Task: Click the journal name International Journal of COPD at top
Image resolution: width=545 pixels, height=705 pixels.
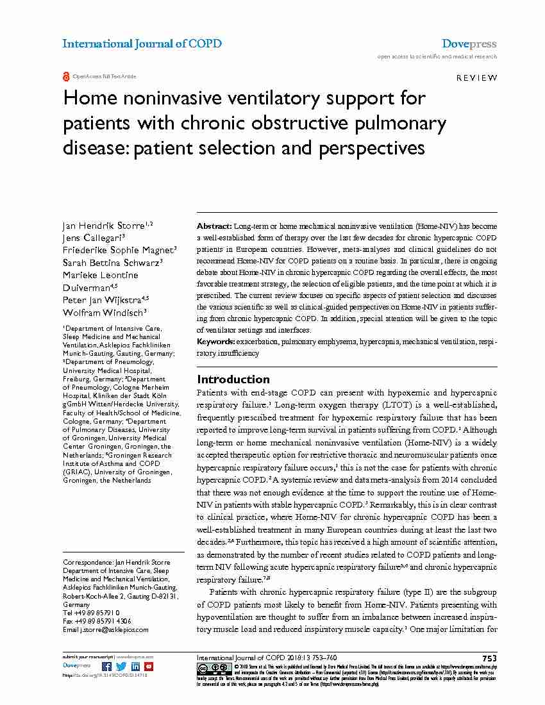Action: tap(142, 44)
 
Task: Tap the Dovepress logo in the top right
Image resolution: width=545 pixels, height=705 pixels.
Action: tap(469, 44)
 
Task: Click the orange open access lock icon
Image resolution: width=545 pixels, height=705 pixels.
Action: tap(66, 76)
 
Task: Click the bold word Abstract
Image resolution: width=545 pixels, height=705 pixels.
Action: tap(214, 227)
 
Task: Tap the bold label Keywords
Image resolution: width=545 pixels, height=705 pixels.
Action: tap(216, 342)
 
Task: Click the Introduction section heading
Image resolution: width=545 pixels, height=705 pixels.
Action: tap(233, 379)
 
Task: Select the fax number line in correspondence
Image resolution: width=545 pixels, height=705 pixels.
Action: tap(97, 621)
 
